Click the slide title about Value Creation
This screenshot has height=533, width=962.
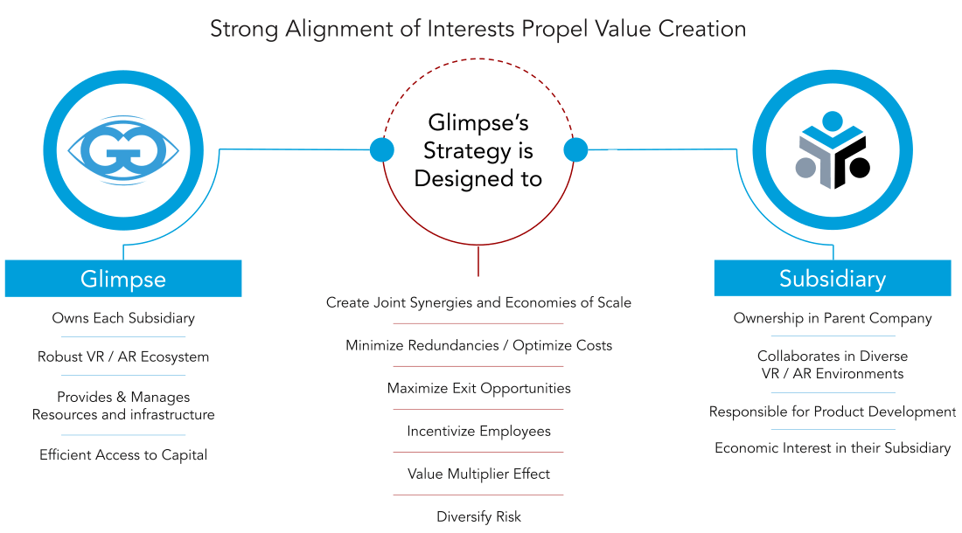478,29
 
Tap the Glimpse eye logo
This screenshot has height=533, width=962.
123,151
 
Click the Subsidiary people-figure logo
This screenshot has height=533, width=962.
833,150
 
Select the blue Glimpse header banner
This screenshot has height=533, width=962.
123,279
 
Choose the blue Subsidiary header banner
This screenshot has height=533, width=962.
833,279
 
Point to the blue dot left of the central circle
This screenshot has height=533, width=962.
382,150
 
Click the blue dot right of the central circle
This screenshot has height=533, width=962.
575,150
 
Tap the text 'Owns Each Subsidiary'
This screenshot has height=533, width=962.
123,318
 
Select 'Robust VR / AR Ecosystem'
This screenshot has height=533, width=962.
123,356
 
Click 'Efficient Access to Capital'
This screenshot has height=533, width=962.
123,454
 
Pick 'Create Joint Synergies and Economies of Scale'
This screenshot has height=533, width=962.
478,302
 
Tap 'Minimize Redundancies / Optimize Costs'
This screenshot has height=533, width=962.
478,345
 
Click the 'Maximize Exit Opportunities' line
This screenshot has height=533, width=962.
478,388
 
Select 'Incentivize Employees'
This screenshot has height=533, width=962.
478,431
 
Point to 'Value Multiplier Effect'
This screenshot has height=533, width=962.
478,474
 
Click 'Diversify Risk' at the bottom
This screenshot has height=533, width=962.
478,516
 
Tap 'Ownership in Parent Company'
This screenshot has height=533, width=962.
833,318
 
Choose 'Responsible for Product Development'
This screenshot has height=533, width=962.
833,411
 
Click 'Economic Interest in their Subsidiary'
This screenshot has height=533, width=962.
833,447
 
